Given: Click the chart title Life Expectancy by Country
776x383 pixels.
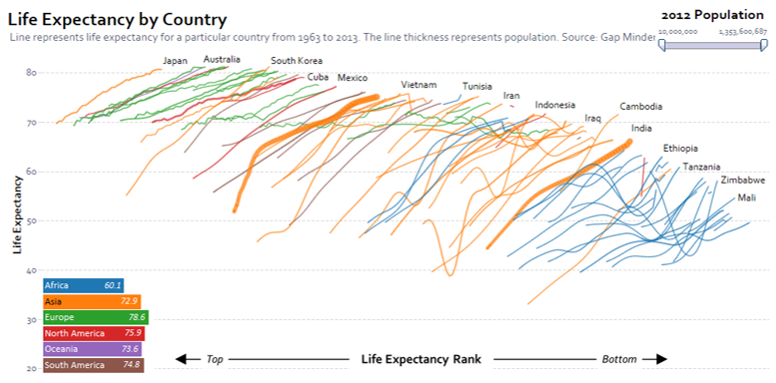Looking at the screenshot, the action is (x=117, y=20).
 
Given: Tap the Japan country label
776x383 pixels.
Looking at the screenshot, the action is (x=175, y=61).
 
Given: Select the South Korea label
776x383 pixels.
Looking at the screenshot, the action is (x=297, y=61).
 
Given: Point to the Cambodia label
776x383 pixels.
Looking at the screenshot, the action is (x=641, y=107).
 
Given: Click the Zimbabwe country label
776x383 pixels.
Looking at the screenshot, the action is (x=743, y=180).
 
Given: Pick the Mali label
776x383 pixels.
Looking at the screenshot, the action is (x=746, y=197).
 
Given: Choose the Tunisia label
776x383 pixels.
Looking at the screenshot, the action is (x=477, y=87).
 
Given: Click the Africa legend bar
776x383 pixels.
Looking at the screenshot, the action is (x=83, y=285).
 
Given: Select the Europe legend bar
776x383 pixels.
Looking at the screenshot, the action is (x=96, y=317).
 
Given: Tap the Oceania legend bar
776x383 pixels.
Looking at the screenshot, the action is (x=93, y=349).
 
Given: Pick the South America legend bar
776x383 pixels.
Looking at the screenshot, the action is (x=94, y=365).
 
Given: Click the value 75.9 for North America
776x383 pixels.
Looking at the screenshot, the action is (x=131, y=333).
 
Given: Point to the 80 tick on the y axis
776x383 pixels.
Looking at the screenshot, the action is (x=31, y=73).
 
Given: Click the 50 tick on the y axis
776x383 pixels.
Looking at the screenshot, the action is (x=31, y=220).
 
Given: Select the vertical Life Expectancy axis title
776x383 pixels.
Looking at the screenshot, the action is (x=18, y=214).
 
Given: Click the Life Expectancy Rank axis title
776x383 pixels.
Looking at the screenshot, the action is (x=421, y=359).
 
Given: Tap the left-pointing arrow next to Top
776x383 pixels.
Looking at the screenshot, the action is (x=188, y=359).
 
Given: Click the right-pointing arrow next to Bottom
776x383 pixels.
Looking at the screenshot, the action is (x=655, y=359).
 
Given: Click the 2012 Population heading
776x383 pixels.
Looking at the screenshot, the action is (x=713, y=15).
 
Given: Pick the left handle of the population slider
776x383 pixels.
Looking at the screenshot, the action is (x=662, y=46).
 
